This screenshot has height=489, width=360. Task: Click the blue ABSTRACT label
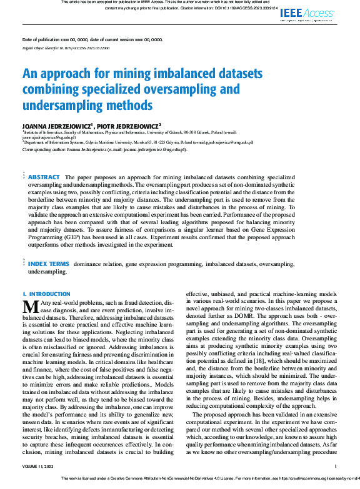(44, 177)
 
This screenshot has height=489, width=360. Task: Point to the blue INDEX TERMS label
(49, 264)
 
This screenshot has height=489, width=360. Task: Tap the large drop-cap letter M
(31, 307)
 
